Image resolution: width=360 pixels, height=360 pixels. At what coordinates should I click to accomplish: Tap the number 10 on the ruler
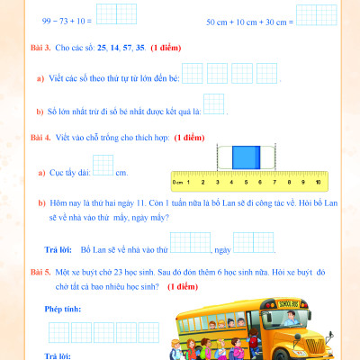click(318, 181)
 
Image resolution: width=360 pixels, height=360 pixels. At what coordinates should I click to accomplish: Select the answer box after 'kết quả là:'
click(213, 105)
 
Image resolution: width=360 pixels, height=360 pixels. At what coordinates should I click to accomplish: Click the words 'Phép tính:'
click(61, 308)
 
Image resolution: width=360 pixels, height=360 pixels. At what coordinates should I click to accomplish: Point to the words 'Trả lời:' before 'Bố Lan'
click(58, 247)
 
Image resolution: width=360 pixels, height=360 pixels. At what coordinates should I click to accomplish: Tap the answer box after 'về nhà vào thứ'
click(190, 241)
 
